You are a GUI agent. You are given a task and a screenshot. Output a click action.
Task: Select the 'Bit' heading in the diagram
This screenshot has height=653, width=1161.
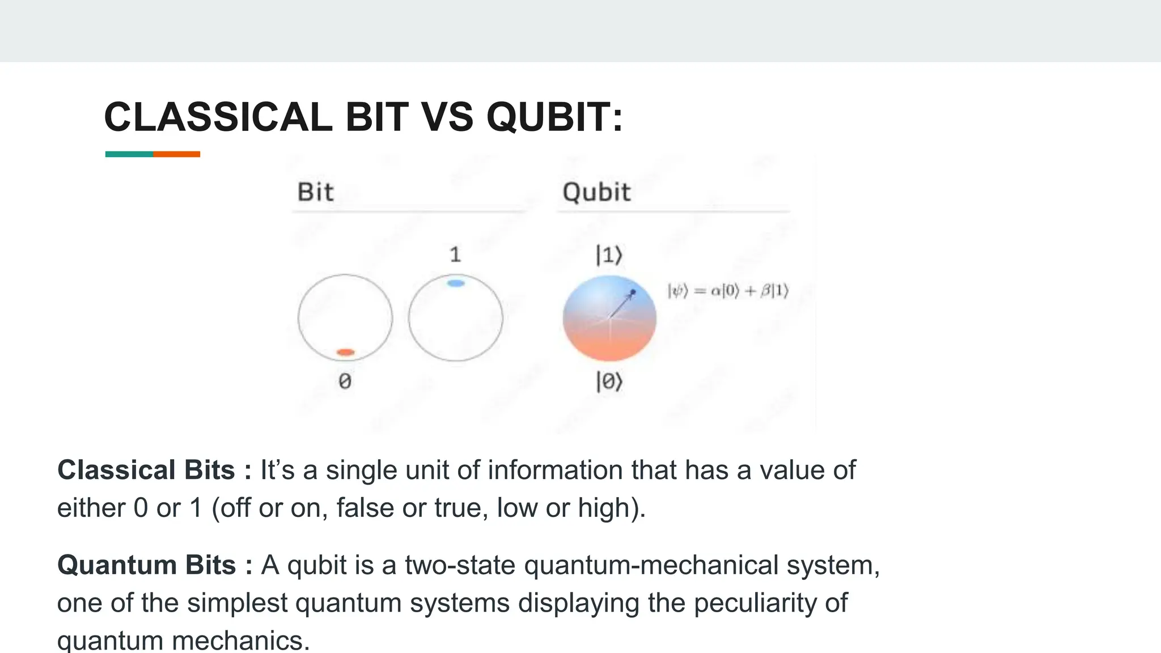click(x=316, y=192)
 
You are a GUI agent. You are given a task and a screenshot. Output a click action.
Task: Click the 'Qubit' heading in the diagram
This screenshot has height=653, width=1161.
click(x=596, y=192)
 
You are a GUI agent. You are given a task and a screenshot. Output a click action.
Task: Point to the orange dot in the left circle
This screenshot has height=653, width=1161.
click(x=345, y=353)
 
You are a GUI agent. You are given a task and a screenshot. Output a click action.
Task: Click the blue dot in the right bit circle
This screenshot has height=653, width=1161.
click(x=456, y=283)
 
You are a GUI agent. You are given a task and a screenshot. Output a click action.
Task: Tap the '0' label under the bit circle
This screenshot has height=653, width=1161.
click(x=345, y=381)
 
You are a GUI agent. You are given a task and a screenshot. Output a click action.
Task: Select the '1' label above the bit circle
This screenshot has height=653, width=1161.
click(x=455, y=255)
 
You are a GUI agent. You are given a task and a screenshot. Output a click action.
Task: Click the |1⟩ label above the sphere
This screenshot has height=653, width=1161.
click(x=609, y=256)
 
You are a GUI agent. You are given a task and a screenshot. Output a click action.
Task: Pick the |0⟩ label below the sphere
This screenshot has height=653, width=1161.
click(x=609, y=381)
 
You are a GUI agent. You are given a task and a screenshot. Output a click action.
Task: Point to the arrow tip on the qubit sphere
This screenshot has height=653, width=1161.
click(x=633, y=292)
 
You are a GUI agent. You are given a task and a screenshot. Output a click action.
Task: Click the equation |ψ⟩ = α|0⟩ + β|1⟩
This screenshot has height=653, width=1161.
click(x=728, y=291)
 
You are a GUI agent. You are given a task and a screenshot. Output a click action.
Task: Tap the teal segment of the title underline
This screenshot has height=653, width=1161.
click(x=129, y=154)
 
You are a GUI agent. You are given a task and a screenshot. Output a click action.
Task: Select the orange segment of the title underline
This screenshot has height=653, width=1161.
click(x=176, y=154)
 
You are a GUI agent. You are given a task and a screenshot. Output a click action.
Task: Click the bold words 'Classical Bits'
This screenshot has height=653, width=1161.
click(x=146, y=470)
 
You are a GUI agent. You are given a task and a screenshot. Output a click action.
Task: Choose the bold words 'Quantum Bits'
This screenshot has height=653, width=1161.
click(x=147, y=565)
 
